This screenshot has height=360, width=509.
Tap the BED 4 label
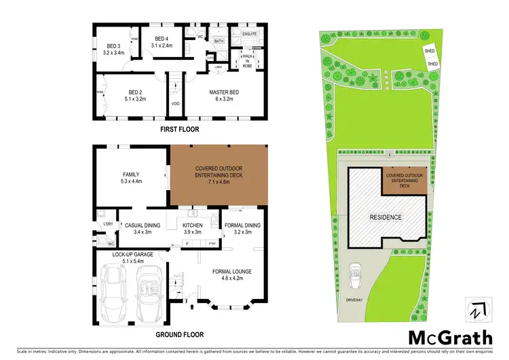pos(163,39)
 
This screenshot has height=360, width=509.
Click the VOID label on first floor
pos(175,104)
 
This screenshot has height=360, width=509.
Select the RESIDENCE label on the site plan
pos(385,217)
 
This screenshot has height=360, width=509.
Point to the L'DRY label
pos(107,224)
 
